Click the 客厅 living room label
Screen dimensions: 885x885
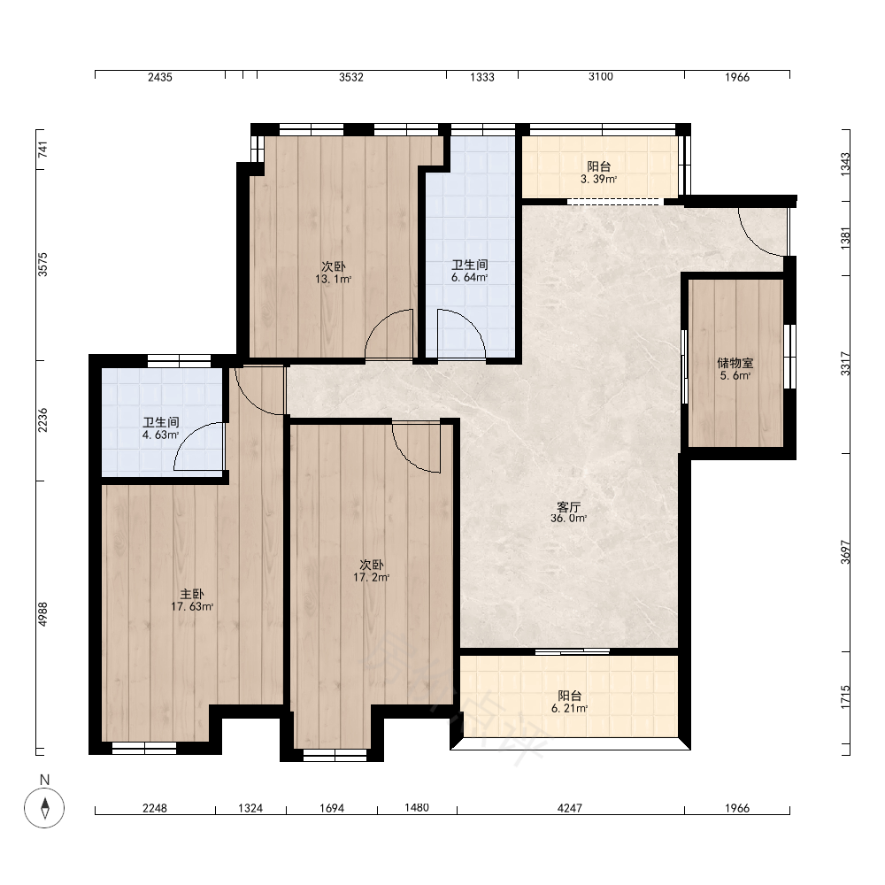(x=568, y=507)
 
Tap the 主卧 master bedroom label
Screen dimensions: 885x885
(x=192, y=595)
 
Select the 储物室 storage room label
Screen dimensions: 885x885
(x=735, y=363)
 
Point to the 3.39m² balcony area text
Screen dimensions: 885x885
(x=598, y=180)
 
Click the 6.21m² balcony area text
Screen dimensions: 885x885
(x=569, y=708)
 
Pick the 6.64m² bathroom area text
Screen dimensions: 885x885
(x=469, y=277)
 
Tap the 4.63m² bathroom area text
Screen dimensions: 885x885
(x=161, y=435)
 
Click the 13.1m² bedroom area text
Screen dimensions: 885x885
(x=334, y=279)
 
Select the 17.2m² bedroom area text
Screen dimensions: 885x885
(x=372, y=577)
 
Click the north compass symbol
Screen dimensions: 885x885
(x=44, y=808)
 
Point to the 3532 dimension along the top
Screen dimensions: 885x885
(x=351, y=77)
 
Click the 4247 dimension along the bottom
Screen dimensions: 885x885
(x=569, y=808)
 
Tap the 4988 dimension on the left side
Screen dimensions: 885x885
(x=42, y=614)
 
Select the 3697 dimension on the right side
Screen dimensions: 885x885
(x=845, y=552)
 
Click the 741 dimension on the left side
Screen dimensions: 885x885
(x=42, y=150)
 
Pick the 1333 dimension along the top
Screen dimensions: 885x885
(x=482, y=77)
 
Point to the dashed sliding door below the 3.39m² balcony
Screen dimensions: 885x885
(x=613, y=202)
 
